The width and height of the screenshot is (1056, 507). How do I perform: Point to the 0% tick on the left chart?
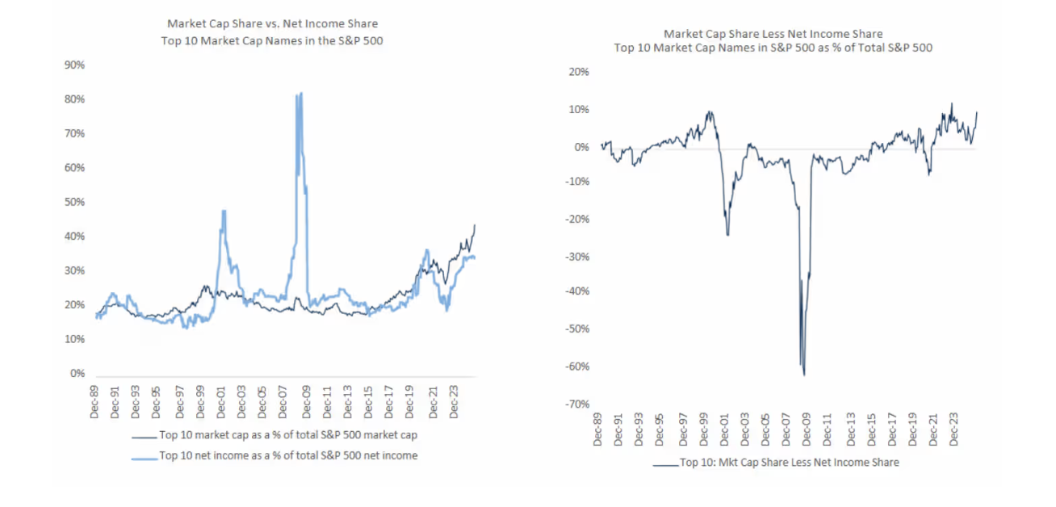(77, 374)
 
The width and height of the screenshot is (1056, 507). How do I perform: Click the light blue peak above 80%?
(300, 94)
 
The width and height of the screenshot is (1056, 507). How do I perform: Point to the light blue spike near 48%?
(223, 211)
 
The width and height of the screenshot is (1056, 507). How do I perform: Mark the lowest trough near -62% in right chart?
(804, 374)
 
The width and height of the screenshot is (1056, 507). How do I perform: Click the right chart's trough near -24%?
(727, 235)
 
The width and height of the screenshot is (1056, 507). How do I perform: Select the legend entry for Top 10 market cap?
(287, 435)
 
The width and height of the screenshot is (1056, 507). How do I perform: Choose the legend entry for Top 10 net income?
(287, 455)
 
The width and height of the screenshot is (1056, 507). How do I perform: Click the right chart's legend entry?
(788, 463)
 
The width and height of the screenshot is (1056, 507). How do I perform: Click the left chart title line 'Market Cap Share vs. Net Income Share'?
(272, 24)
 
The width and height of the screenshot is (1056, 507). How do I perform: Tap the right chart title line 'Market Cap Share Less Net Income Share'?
(773, 33)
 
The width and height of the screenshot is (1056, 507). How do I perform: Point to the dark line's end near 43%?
(475, 225)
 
